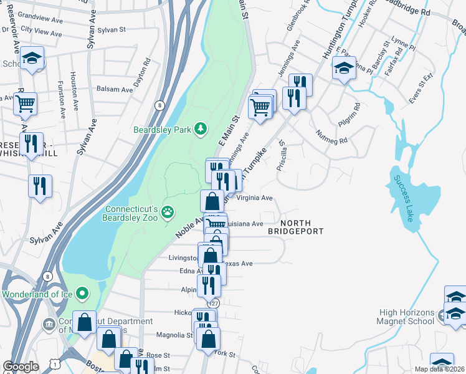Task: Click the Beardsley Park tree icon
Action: click(x=201, y=129)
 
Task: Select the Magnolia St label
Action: click(x=174, y=335)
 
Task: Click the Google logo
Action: click(x=21, y=367)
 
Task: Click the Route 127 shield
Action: click(x=214, y=303)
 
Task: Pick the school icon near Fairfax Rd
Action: click(x=343, y=68)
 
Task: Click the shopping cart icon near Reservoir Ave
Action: click(x=26, y=104)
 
